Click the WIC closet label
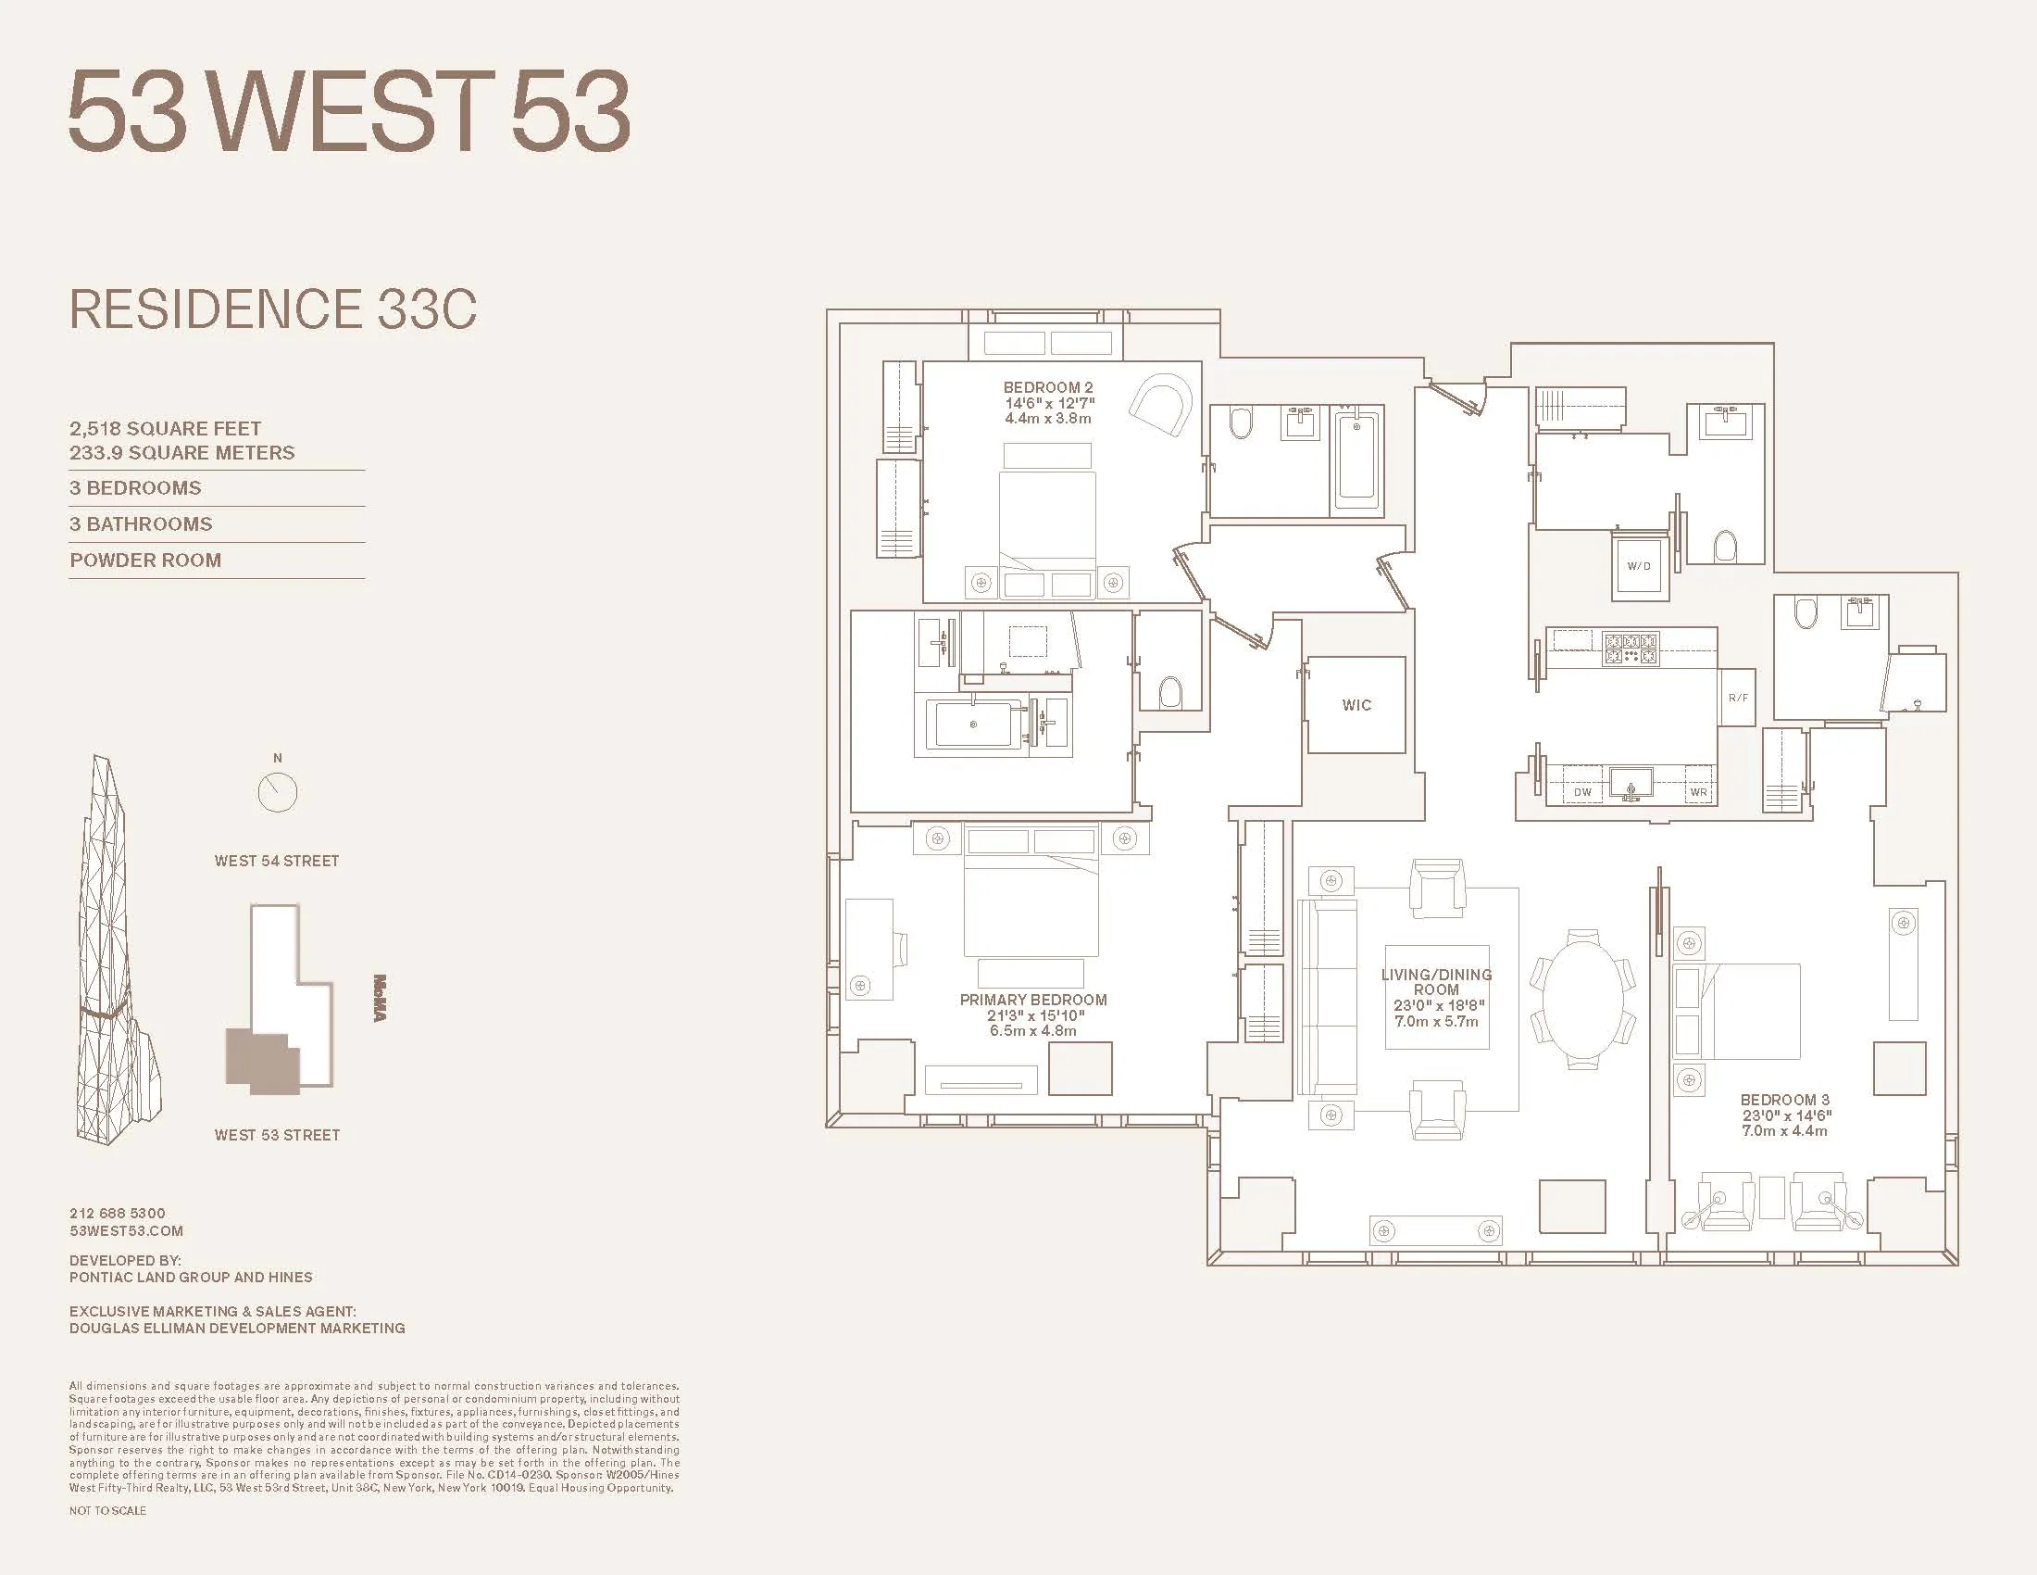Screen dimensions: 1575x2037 1356,705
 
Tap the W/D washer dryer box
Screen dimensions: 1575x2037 1639,566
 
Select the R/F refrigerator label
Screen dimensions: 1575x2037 1738,698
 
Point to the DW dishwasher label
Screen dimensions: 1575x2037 1582,792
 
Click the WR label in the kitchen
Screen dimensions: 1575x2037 1698,792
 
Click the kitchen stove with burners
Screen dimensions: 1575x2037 1631,649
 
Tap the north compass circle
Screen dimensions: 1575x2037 277,792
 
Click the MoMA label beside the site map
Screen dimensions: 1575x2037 380,998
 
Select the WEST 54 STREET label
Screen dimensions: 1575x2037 277,862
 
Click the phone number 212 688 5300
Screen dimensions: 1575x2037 118,1213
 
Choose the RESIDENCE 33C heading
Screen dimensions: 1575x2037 273,309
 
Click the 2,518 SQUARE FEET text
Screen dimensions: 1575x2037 165,428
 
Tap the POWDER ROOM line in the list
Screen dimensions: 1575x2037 145,561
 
